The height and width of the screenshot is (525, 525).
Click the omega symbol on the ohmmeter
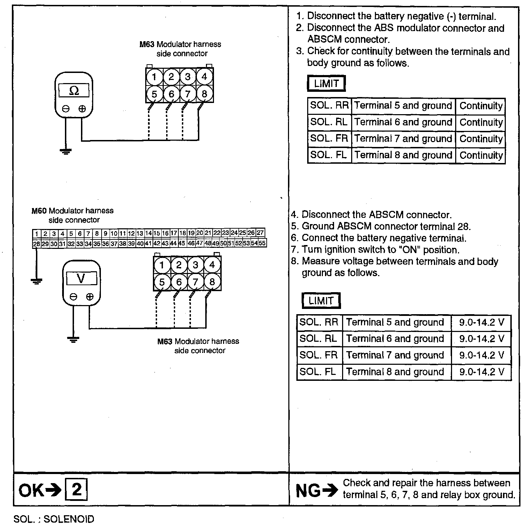[74, 91]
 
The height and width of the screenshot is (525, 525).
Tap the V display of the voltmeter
[81, 279]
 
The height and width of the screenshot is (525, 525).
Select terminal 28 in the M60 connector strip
[36, 244]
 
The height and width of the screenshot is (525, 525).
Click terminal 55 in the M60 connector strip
[262, 243]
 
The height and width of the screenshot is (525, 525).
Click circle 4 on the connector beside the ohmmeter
[205, 76]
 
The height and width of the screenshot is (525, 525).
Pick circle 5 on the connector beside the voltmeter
[162, 282]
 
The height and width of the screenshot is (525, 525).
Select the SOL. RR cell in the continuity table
[329, 106]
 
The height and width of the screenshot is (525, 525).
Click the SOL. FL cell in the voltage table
[319, 372]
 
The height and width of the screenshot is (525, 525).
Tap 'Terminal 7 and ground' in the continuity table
[403, 139]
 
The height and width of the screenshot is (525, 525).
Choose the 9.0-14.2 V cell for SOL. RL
[481, 339]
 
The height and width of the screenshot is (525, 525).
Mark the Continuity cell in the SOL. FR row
[481, 139]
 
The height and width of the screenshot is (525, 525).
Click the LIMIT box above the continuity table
[326, 84]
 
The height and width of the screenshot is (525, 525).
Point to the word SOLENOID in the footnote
[69, 519]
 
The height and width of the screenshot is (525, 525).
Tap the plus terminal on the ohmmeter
[82, 109]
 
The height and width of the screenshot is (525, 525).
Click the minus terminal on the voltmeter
[73, 297]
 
